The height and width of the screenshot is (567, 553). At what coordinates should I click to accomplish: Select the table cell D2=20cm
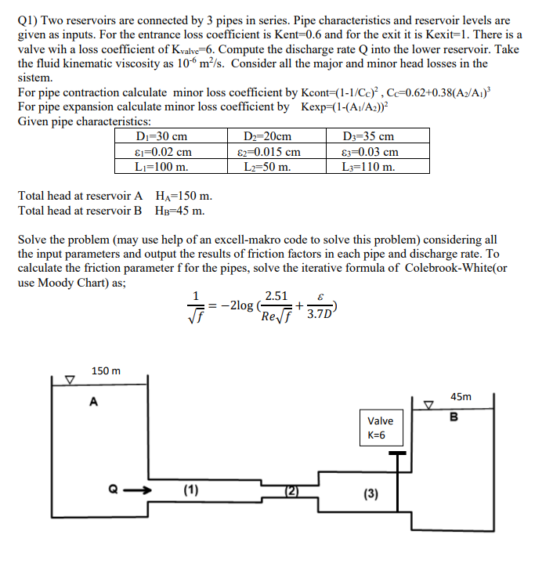(x=268, y=136)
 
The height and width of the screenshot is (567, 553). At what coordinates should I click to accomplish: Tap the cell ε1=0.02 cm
(x=164, y=151)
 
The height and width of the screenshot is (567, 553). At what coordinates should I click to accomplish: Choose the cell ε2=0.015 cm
(x=268, y=151)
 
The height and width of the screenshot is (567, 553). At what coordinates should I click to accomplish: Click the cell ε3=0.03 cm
(x=370, y=151)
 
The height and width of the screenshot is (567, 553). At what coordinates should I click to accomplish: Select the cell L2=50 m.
(x=268, y=166)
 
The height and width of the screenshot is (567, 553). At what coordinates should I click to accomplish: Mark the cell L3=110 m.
(x=370, y=166)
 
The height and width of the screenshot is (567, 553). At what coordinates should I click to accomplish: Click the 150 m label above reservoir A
(x=105, y=370)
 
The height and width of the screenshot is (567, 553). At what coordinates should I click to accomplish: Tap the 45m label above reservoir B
(x=461, y=396)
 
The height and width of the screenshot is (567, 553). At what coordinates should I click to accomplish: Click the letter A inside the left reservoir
(x=94, y=403)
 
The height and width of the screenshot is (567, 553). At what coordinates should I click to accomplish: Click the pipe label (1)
(x=190, y=490)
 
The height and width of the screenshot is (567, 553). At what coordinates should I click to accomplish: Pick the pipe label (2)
(x=291, y=491)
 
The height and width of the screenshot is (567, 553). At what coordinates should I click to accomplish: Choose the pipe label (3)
(x=370, y=493)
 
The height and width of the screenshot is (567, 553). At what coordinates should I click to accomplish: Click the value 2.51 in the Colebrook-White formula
(x=275, y=296)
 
